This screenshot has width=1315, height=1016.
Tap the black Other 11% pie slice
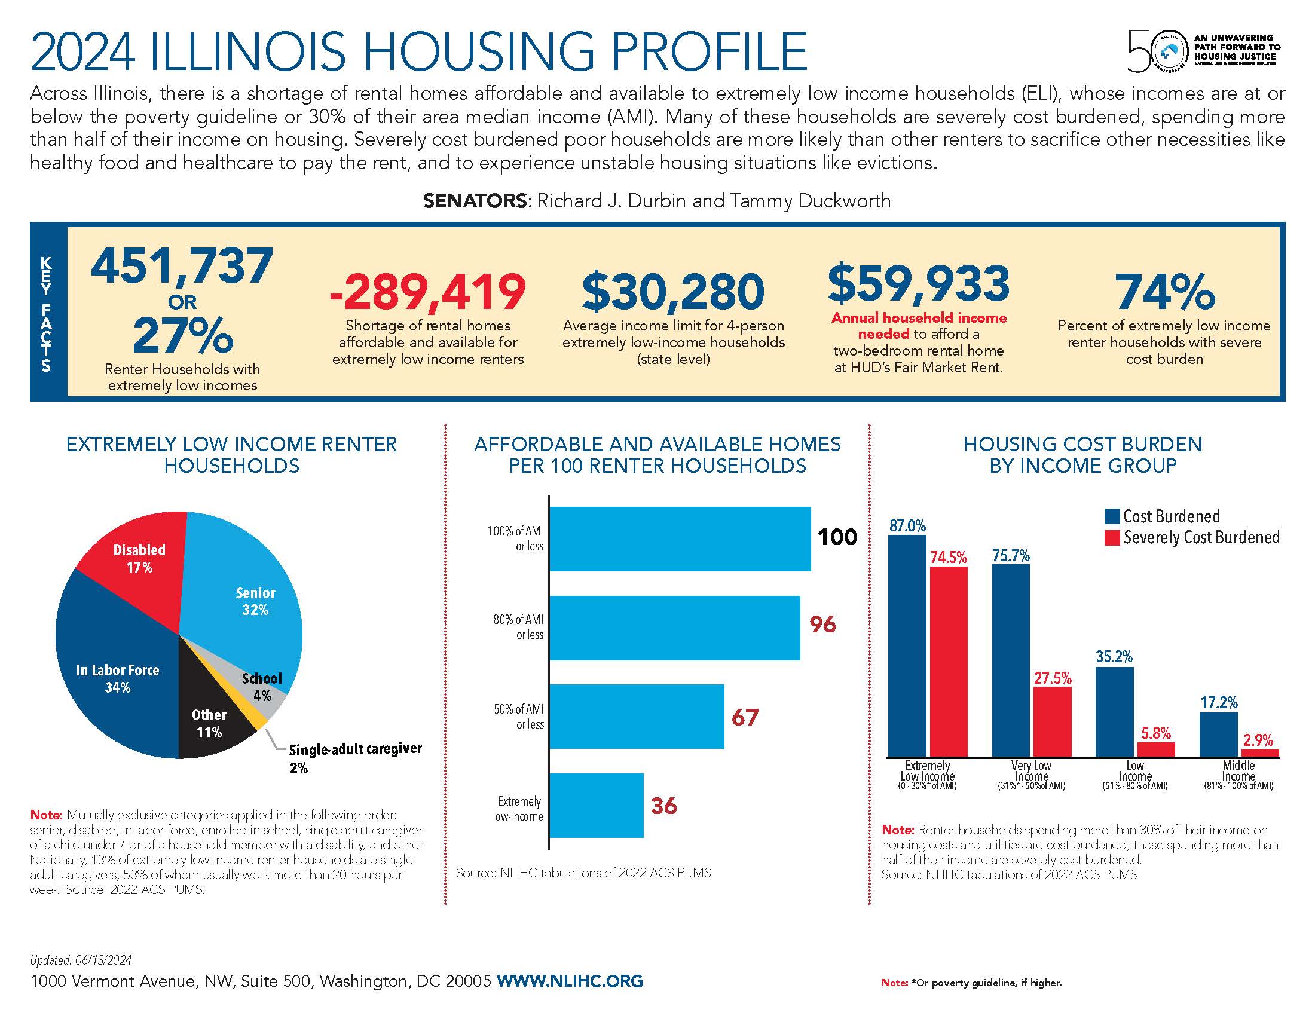click(x=211, y=723)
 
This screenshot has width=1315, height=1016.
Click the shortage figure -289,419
click(x=427, y=292)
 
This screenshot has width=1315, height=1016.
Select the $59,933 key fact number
click(x=918, y=283)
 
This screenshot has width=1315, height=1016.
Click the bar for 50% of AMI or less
click(x=637, y=716)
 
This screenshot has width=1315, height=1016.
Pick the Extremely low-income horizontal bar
click(x=596, y=806)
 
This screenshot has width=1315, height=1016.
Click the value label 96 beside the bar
click(x=822, y=625)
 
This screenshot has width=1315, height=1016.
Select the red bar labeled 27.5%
click(x=1053, y=721)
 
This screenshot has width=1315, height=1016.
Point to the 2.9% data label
click(x=1258, y=740)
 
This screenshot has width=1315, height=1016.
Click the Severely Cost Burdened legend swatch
click(x=1112, y=537)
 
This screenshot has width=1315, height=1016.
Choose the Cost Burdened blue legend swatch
click(x=1112, y=516)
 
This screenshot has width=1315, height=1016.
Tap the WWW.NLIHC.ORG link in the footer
click(x=570, y=981)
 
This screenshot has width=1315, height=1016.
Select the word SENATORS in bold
click(x=475, y=200)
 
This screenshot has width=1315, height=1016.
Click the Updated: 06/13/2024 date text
click(x=81, y=960)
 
